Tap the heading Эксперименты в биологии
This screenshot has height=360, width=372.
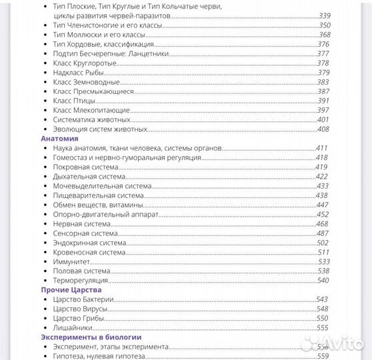(x=87, y=337)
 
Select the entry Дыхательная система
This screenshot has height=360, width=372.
(x=89, y=177)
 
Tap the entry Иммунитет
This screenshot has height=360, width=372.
(x=72, y=262)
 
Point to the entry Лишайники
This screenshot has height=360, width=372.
(x=72, y=327)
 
